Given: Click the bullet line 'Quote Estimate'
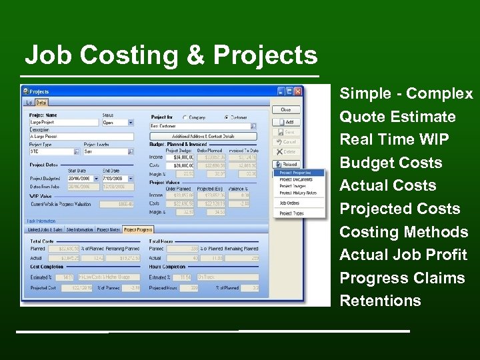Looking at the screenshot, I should [397, 117].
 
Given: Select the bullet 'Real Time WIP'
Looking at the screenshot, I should [394, 140].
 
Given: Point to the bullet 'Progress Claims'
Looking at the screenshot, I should [402, 278].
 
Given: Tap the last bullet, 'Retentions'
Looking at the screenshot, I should [380, 301].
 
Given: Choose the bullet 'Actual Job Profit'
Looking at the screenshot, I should [403, 255].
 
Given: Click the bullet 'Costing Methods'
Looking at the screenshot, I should [403, 232].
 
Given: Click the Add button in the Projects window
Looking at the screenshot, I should [285, 123].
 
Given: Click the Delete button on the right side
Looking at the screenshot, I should [285, 152].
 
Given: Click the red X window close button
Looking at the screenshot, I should [298, 91].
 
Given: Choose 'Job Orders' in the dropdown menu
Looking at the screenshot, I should [289, 203].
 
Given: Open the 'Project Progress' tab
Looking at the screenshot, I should [138, 230].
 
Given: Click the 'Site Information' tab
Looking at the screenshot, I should [79, 230].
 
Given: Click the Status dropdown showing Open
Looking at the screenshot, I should [117, 123].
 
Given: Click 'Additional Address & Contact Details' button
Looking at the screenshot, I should [203, 136].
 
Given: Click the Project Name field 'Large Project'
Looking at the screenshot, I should [64, 123].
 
